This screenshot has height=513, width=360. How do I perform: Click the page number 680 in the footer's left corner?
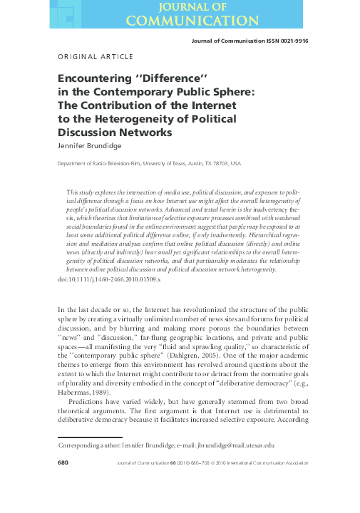point(62,463)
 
